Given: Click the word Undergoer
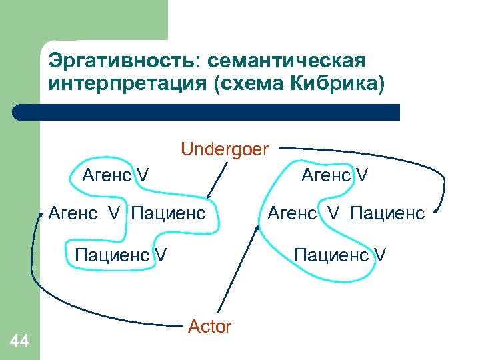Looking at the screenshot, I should (224, 149).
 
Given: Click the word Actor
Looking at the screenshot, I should (209, 327).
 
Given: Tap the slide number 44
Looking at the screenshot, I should (20, 341).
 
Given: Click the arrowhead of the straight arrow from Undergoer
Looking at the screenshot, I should (209, 195).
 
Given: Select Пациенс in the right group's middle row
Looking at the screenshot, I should (387, 214).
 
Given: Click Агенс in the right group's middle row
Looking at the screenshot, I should (291, 214).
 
